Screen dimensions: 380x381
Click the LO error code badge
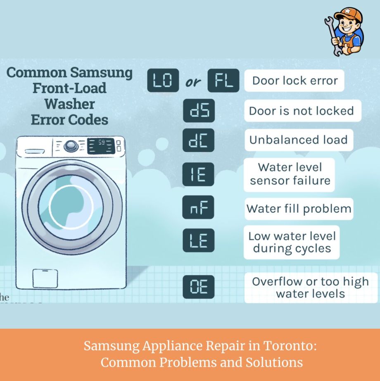point(163,80)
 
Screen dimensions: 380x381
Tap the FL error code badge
point(223,80)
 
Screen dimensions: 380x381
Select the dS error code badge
point(199,111)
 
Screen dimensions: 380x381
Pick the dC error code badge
point(198,140)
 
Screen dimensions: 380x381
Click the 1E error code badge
point(198,174)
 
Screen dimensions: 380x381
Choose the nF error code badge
point(198,207)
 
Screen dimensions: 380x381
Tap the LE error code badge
point(198,240)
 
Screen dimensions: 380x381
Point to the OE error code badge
point(198,287)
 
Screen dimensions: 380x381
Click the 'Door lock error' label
point(294,81)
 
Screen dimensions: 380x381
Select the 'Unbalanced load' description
point(299,140)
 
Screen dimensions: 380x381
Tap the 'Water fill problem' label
point(299,209)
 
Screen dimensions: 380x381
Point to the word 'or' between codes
point(193,82)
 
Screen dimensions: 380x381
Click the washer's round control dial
point(71,146)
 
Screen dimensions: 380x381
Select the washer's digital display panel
point(101,146)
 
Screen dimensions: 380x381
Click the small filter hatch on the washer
point(45,278)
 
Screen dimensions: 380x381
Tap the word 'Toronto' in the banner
point(290,345)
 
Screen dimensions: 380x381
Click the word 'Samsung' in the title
point(101,73)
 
